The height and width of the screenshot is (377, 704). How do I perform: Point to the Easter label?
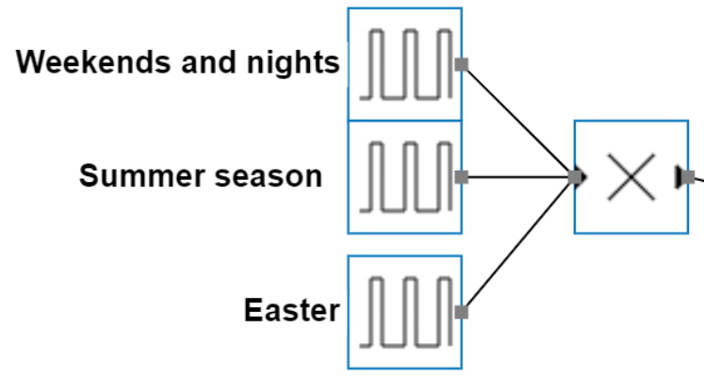pyautogui.click(x=291, y=310)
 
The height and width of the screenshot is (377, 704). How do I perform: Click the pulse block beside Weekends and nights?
pyautogui.click(x=404, y=64)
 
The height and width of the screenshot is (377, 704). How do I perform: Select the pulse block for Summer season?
pyautogui.click(x=404, y=177)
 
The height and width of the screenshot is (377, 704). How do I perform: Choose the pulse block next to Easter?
pyautogui.click(x=404, y=312)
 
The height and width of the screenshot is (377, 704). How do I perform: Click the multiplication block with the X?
pyautogui.click(x=630, y=176)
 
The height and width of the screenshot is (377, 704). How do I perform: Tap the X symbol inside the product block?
pyautogui.click(x=630, y=176)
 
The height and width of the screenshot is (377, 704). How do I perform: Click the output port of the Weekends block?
pyautogui.click(x=462, y=64)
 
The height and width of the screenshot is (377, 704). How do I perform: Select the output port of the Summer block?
pyautogui.click(x=462, y=177)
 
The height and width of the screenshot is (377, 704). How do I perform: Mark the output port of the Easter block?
pyautogui.click(x=462, y=312)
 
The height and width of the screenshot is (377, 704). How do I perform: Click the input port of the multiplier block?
pyautogui.click(x=577, y=176)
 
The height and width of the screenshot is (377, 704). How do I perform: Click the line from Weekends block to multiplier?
pyautogui.click(x=518, y=120)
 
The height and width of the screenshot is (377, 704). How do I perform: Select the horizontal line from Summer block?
pyautogui.click(x=518, y=176)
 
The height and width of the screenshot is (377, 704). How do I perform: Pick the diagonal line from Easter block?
pyautogui.click(x=518, y=244)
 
